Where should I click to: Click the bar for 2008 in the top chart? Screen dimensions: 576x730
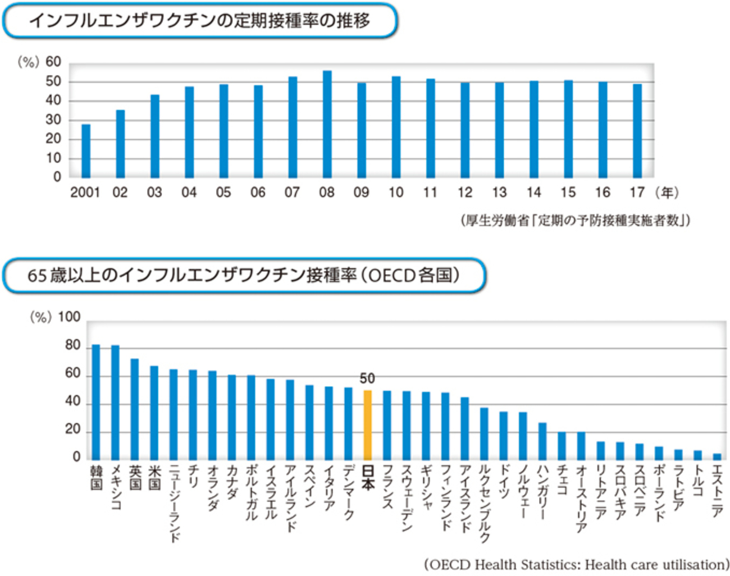click(x=327, y=124)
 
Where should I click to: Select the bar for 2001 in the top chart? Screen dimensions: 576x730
click(x=86, y=150)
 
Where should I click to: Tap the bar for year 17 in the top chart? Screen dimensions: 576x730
click(x=637, y=130)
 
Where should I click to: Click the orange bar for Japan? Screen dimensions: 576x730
click(x=367, y=425)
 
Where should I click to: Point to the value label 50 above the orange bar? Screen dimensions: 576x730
click(x=367, y=378)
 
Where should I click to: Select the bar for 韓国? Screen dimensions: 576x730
click(x=96, y=402)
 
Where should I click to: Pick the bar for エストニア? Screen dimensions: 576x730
click(x=717, y=456)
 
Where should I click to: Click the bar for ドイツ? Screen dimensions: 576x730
click(x=503, y=436)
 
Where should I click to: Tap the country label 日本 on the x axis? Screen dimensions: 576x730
click(x=368, y=478)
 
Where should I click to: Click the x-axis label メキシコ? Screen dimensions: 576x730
click(x=116, y=487)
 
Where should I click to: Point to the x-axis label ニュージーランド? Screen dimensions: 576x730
click(x=174, y=503)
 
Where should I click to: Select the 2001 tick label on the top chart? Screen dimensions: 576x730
click(x=85, y=193)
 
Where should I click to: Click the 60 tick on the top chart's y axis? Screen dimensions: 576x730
click(x=53, y=62)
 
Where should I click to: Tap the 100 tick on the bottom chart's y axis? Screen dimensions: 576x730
click(x=69, y=317)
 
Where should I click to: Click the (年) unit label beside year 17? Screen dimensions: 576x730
click(x=667, y=193)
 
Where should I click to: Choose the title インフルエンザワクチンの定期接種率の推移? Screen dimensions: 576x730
click(x=199, y=21)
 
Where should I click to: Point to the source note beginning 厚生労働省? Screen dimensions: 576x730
click(x=576, y=220)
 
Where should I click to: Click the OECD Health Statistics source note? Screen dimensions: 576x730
click(x=576, y=564)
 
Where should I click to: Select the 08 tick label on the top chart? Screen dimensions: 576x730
click(x=326, y=193)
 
